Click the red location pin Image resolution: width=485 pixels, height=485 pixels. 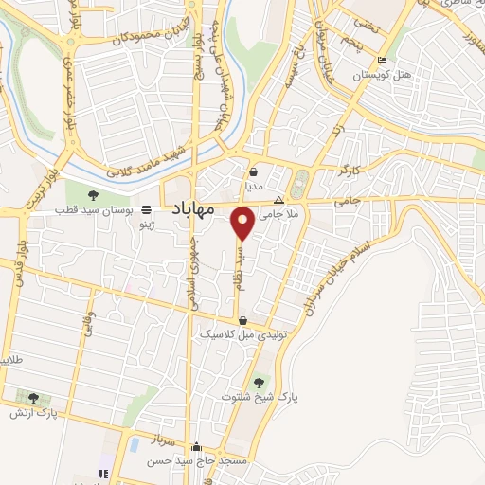[x=243, y=224]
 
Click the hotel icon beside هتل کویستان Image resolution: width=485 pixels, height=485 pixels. [x=381, y=61]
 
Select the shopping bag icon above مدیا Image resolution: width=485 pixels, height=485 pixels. [x=255, y=173]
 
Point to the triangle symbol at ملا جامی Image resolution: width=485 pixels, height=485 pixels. [x=278, y=201]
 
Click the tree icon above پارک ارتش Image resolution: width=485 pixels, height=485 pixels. [x=34, y=399]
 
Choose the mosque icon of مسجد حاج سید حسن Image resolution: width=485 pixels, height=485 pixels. [x=196, y=447]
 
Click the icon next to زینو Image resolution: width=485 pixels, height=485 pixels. [x=145, y=210]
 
